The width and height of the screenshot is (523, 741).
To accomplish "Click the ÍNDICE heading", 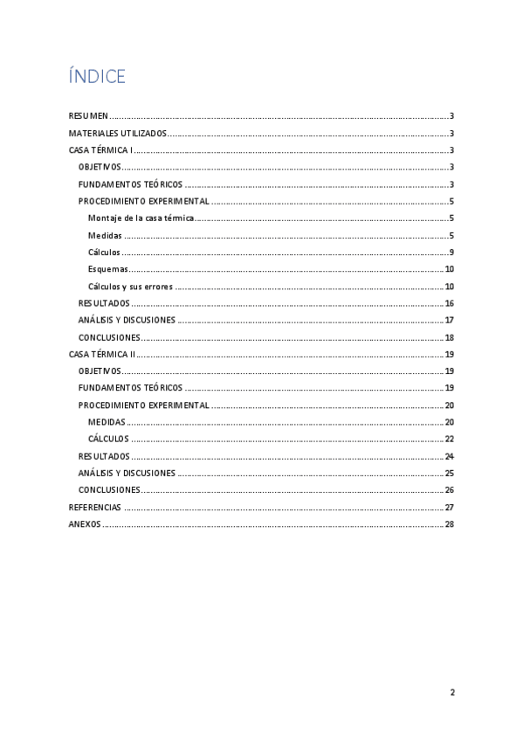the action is pos(97,77).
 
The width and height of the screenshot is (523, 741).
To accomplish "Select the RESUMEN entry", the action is pos(88,116).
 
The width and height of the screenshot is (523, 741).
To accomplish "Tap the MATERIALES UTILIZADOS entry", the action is pos(117,134).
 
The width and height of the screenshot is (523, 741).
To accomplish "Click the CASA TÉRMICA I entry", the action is pos(100,150).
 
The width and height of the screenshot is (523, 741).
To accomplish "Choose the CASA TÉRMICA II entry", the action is pos(102,355).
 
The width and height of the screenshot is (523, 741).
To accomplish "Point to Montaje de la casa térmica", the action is pos(141,218).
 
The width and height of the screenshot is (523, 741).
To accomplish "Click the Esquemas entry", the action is pos(108,269).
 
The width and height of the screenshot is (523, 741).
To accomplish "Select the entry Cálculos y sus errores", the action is pos(130,287).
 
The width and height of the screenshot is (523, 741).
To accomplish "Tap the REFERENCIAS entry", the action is pos(94,508).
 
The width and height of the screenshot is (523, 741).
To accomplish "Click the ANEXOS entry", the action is pos(85,524).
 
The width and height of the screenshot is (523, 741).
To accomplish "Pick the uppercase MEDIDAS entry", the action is pos(107,422).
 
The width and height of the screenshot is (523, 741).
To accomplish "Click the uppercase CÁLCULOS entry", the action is pos(108,440).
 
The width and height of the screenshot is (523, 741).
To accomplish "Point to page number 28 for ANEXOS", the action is pos(449,524).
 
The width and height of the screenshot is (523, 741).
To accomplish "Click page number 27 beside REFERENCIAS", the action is pos(449,508).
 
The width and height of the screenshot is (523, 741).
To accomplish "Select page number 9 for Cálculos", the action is pos(451,253).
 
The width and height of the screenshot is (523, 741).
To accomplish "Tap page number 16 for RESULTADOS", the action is pos(449,303).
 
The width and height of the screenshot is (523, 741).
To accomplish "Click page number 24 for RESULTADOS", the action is pos(449,456).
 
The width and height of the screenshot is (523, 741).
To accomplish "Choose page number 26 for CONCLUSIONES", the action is pos(449,490).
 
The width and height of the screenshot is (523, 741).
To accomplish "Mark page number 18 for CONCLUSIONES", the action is pos(449,337).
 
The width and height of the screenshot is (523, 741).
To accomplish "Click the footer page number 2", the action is pos(452,693).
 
